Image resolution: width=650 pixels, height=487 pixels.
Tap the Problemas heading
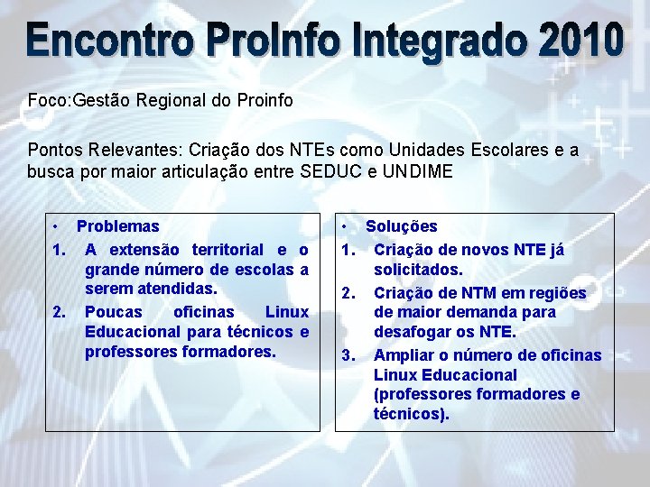[x=117, y=226]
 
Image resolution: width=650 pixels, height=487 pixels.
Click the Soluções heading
[x=401, y=226]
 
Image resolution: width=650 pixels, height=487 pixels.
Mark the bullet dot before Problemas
[x=55, y=225]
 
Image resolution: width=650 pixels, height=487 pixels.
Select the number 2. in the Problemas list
[x=60, y=312]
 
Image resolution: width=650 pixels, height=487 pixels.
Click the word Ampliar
[x=404, y=355]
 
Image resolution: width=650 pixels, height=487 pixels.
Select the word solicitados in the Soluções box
[x=418, y=270]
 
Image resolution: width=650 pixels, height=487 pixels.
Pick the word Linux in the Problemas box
[x=286, y=312]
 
